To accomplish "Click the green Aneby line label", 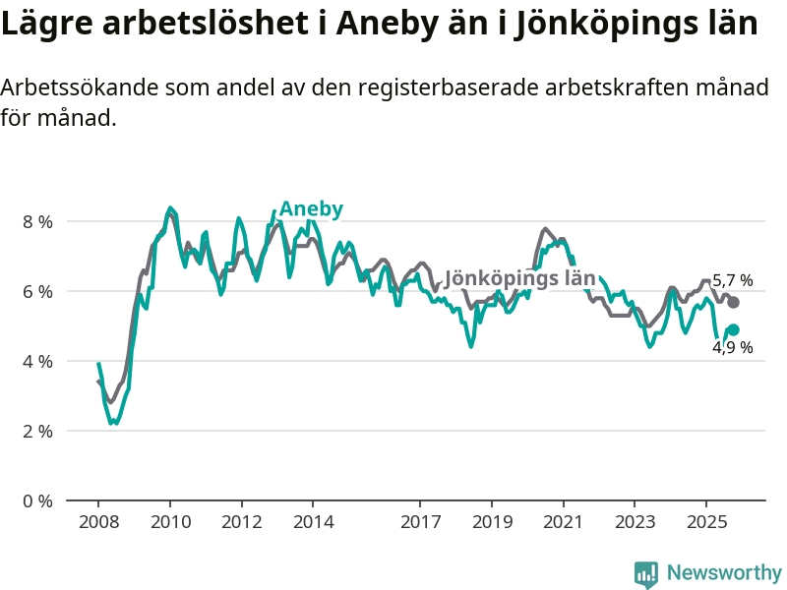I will point(311,208).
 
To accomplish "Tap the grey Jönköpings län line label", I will point(519,278).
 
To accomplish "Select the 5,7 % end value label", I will point(732,280).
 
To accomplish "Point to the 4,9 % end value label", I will point(732,347).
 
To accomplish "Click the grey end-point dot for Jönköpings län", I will point(733,302).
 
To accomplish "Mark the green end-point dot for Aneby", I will point(733,330).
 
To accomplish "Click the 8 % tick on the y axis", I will point(37,221).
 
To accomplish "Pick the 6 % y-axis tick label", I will point(37,291).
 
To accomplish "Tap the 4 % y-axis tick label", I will point(37,361).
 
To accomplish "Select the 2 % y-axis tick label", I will point(37,431).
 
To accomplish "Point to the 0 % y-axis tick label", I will point(37,501).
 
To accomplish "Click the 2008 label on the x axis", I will point(98,521).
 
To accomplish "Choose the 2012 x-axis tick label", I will point(241,521).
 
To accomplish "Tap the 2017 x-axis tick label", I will point(420,521).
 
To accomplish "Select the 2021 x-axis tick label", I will point(563,521).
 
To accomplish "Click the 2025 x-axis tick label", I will point(705,521).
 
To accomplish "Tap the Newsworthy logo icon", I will point(646,573).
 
